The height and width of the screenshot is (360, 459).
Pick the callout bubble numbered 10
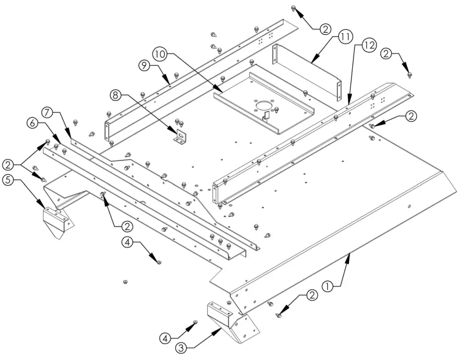coord(160,55)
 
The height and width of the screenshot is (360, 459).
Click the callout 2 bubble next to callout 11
coord(324,29)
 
